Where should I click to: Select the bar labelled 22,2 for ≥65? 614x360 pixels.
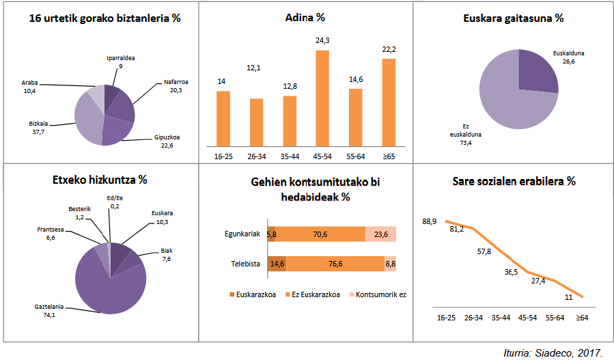(x=389, y=102)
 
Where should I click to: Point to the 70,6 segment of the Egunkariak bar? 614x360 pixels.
(x=320, y=234)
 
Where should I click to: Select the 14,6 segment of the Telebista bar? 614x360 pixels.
(x=277, y=264)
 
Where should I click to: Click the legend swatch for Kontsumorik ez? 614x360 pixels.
(x=353, y=295)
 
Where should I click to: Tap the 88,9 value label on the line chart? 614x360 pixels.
(x=430, y=221)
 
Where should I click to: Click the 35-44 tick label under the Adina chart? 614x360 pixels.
(x=289, y=156)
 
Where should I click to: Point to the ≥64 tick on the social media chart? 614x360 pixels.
(x=583, y=318)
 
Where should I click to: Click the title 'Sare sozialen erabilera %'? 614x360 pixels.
(x=514, y=182)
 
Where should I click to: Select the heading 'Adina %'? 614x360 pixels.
(x=305, y=18)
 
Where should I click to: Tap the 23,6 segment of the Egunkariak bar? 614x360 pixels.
(x=380, y=234)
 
